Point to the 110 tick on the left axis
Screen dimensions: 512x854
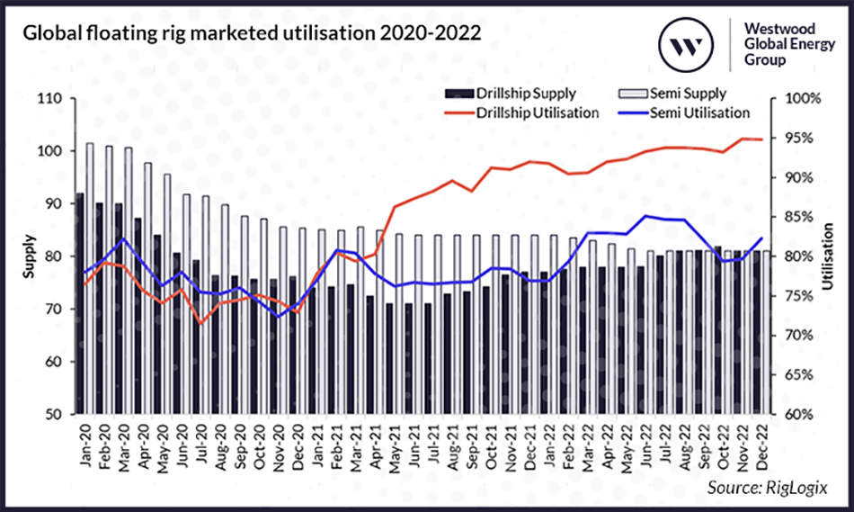point(49,99)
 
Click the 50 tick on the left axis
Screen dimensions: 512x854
point(51,415)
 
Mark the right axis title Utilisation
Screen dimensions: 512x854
point(827,256)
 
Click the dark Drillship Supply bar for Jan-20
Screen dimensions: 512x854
point(79,306)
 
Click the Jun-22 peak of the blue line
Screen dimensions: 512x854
point(645,216)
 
